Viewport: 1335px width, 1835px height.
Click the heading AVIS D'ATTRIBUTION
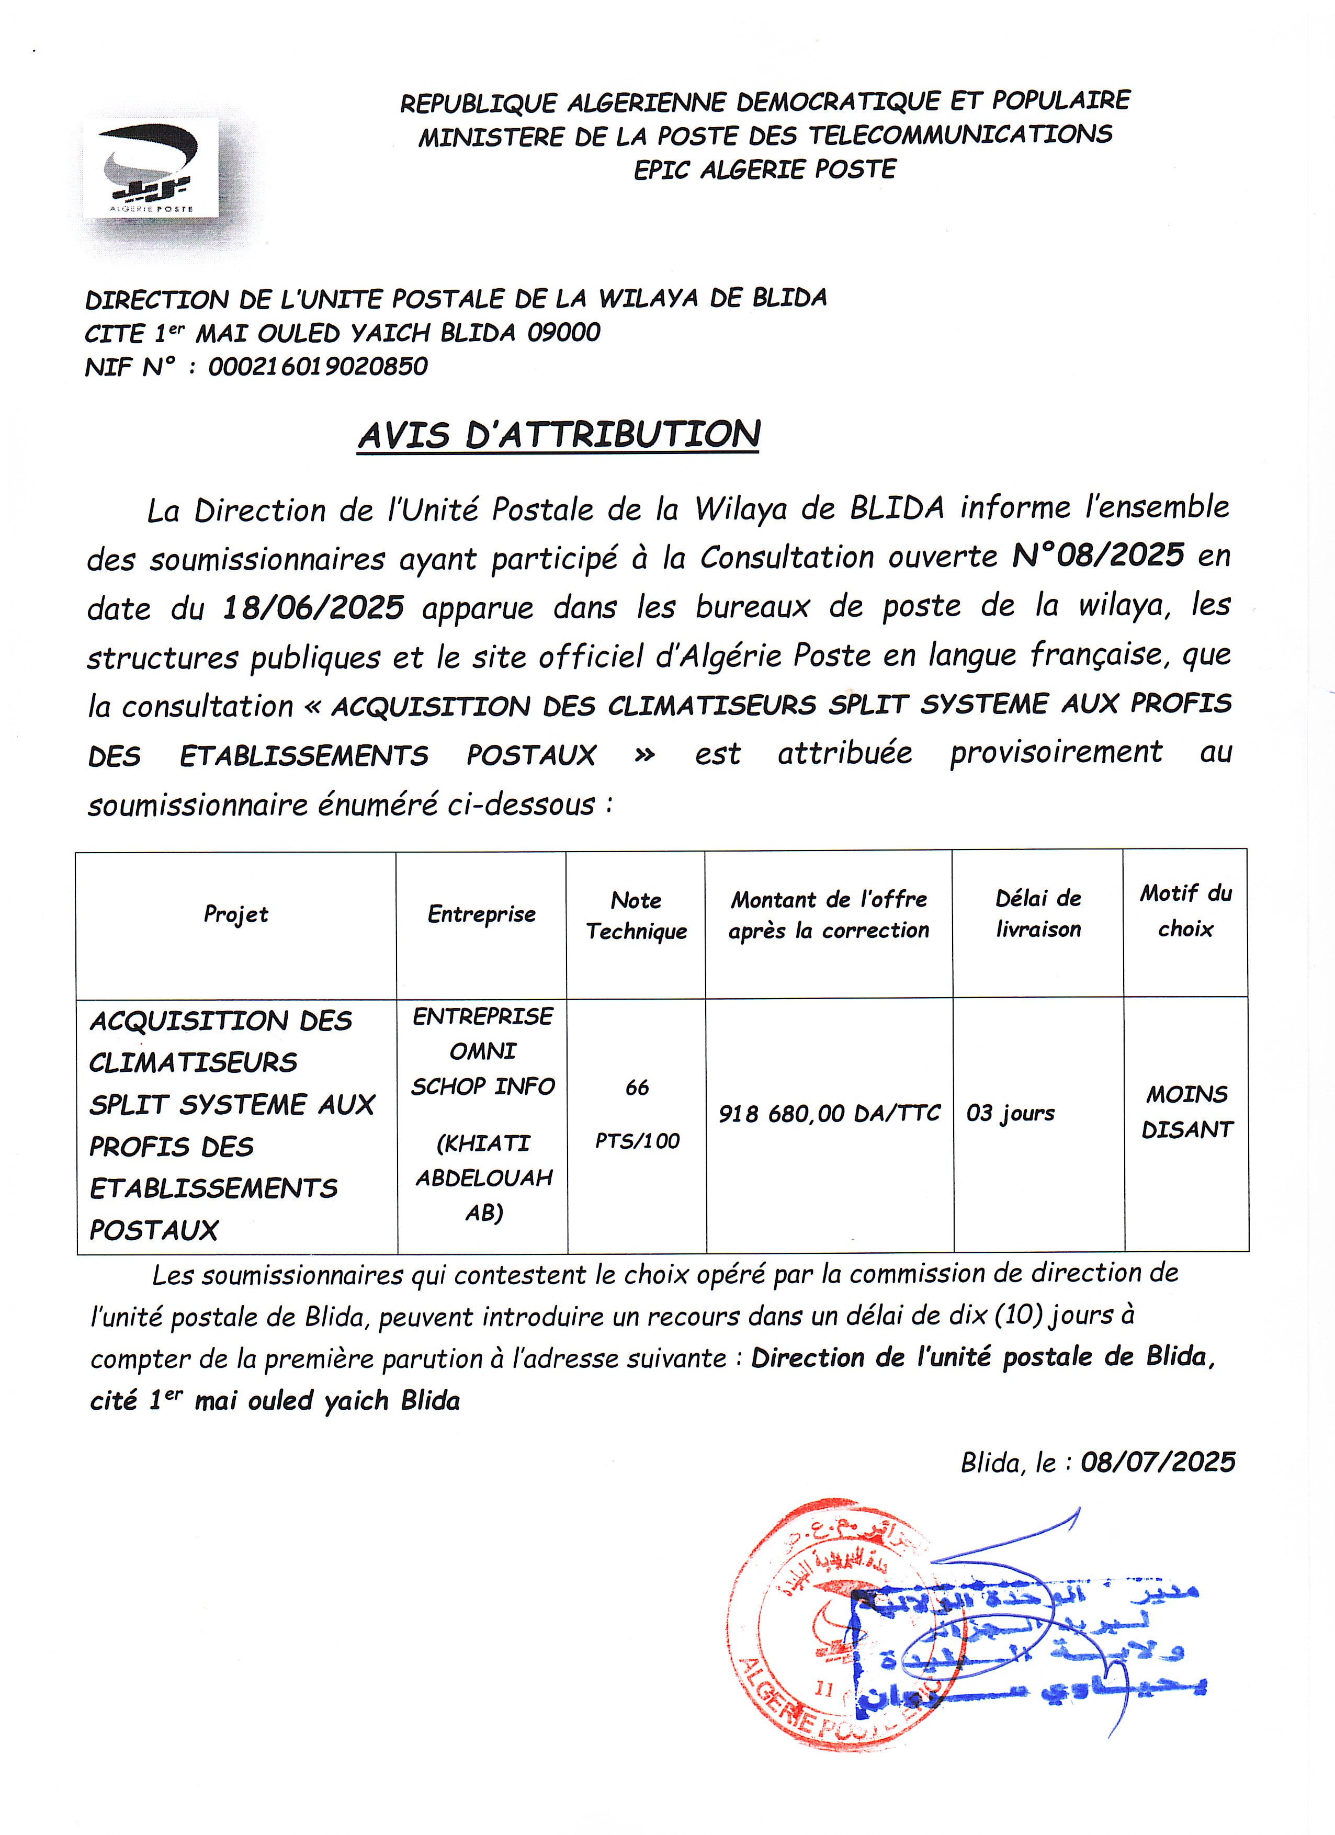click(558, 435)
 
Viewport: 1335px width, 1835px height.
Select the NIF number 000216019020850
click(318, 367)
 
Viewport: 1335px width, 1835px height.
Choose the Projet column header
click(235, 914)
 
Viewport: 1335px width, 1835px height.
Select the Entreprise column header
click(481, 914)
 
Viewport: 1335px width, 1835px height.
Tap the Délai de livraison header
click(1038, 913)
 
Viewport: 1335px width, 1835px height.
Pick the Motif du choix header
click(1185, 911)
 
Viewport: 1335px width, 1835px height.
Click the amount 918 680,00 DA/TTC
click(829, 1114)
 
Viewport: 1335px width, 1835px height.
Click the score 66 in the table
click(637, 1088)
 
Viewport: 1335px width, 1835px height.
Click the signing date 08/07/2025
click(1158, 1462)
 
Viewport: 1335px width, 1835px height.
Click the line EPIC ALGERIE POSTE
click(765, 170)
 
